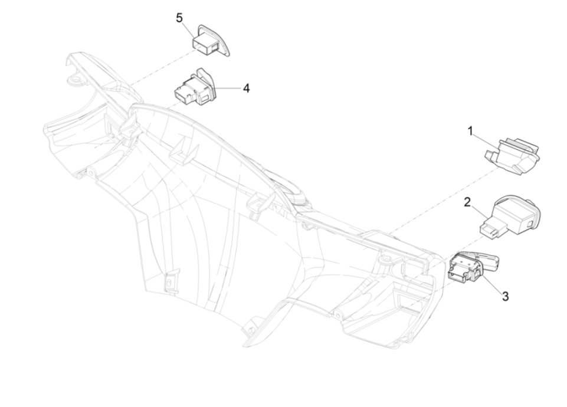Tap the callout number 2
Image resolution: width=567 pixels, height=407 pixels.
467,202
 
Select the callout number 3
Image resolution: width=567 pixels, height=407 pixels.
505,296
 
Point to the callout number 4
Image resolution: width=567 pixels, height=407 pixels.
246,88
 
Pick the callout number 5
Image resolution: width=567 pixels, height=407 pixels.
180,18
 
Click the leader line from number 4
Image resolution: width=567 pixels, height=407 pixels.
230,89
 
